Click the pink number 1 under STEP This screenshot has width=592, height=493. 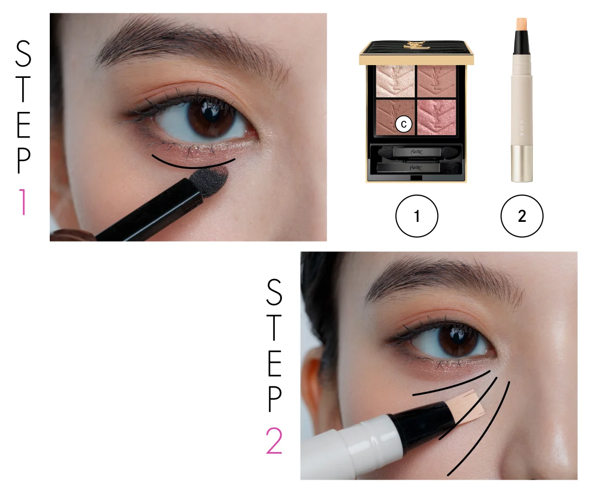(x=23, y=202)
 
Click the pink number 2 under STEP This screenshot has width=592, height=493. (x=274, y=441)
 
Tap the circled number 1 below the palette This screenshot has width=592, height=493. (x=416, y=216)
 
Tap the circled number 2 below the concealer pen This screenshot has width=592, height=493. (x=522, y=216)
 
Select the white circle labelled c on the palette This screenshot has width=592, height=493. (x=404, y=124)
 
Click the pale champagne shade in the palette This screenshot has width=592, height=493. (x=395, y=82)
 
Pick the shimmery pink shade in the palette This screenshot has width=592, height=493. (x=437, y=117)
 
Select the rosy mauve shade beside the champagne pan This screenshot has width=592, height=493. (x=437, y=82)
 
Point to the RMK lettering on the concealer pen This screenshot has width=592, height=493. (x=522, y=128)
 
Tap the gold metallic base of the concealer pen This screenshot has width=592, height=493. (x=521, y=164)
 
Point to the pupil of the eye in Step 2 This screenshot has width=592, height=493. (x=457, y=338)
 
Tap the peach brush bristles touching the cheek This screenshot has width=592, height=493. (x=467, y=407)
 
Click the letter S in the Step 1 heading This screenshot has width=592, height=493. (x=23, y=54)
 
